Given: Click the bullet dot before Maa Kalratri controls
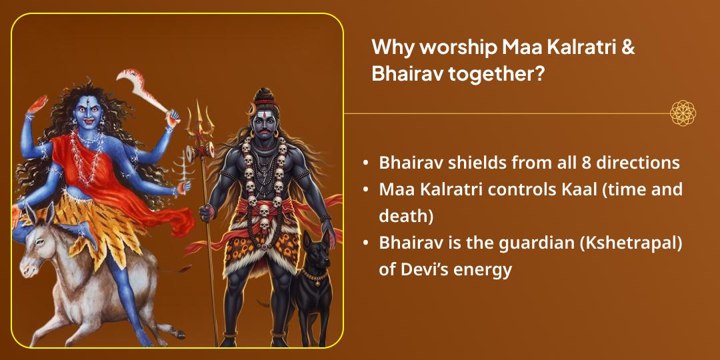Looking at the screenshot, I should (x=366, y=190).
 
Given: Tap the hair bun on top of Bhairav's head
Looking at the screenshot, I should (x=265, y=93).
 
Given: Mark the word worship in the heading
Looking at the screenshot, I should (x=440, y=48).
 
